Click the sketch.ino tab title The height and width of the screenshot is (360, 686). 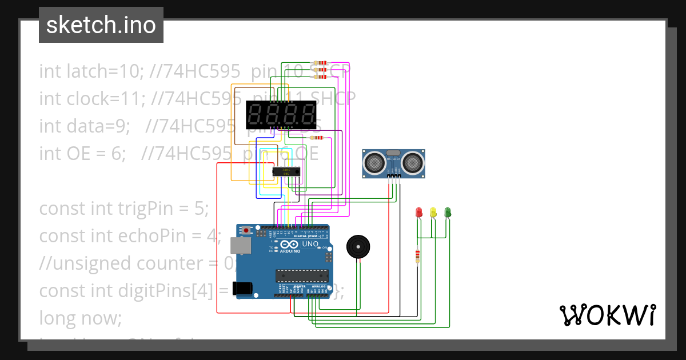click(x=101, y=25)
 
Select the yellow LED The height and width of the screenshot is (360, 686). click(x=433, y=213)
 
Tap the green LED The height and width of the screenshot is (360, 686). click(x=448, y=213)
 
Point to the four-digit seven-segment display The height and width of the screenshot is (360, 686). click(x=281, y=115)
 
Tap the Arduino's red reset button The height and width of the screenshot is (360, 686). click(x=247, y=230)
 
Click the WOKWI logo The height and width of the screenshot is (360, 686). click(x=607, y=315)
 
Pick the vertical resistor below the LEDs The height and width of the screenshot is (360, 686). click(x=417, y=257)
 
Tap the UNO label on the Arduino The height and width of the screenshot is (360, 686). click(x=310, y=244)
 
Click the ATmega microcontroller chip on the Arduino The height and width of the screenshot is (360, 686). click(x=298, y=277)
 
